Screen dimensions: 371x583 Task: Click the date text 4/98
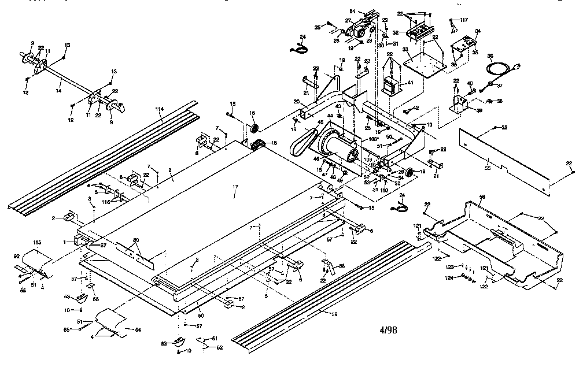coord(389,330)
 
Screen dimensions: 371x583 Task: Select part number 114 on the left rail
coord(160,109)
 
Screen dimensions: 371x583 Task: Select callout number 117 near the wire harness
coord(463,20)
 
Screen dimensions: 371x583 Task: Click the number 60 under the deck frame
coord(201,315)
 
